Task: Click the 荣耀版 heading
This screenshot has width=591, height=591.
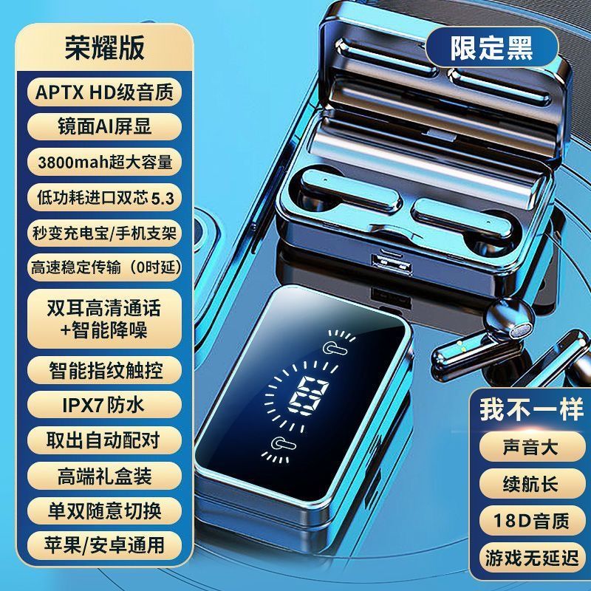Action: point(104,48)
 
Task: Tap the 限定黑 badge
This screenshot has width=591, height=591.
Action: point(491,47)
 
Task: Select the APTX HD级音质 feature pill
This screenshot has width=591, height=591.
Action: point(104,92)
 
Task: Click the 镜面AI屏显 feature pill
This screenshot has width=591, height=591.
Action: point(104,126)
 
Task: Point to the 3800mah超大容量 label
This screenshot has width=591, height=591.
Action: point(104,162)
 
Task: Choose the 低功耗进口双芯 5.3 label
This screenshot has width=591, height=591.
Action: point(104,197)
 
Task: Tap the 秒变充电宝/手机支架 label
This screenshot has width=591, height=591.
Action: point(104,233)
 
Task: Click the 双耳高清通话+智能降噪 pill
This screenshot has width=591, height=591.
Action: point(104,319)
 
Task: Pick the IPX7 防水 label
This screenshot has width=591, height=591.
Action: point(104,405)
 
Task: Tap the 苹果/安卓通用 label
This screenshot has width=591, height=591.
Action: point(104,545)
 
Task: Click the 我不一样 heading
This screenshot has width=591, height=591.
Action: point(531,409)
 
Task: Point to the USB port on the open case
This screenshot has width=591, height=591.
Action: point(392,264)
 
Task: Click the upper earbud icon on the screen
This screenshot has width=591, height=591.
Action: point(335,348)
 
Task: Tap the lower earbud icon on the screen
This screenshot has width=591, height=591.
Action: point(284,444)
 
